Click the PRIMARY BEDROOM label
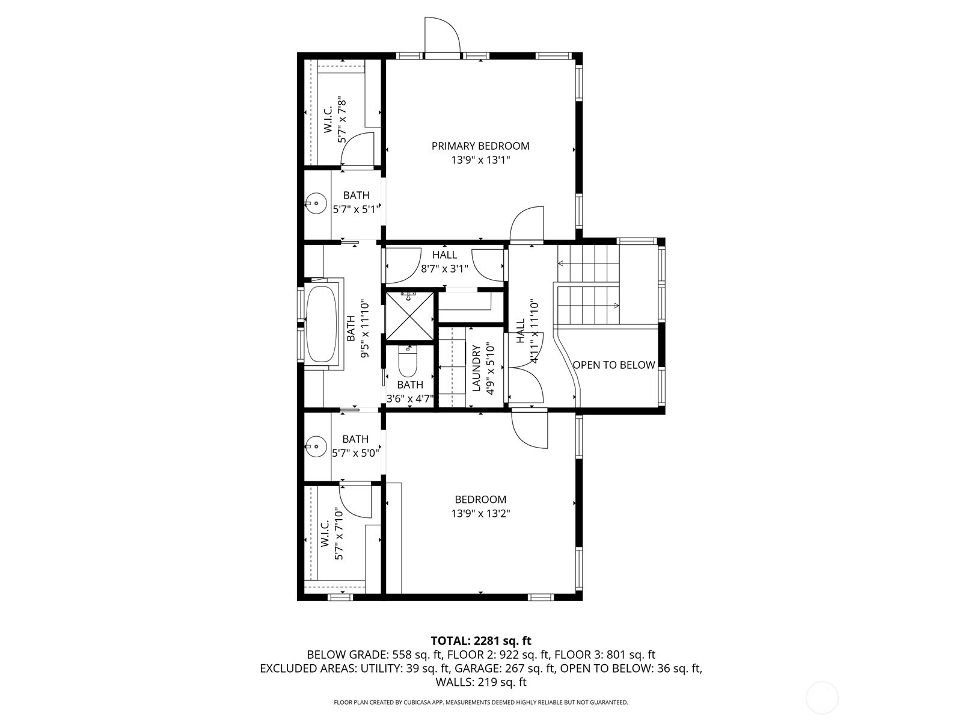480,146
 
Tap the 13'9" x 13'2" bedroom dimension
481,513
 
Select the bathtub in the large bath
322,324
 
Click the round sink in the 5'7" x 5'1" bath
316,203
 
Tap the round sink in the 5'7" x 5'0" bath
316,446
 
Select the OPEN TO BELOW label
614,365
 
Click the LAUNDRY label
477,368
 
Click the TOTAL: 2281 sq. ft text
481,640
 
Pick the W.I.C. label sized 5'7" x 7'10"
325,534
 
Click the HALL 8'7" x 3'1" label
445,261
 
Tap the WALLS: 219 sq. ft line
481,682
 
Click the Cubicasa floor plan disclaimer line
481,702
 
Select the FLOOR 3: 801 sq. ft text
605,655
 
